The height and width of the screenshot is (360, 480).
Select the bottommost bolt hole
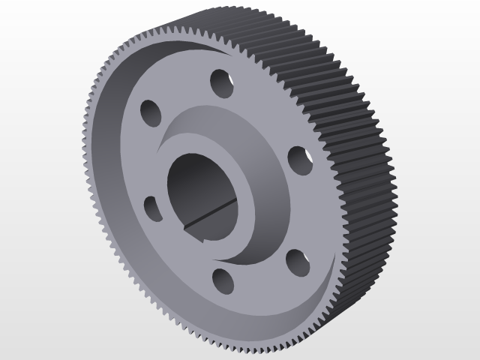(x=223, y=280)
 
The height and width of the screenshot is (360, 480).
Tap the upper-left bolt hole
(x=151, y=113)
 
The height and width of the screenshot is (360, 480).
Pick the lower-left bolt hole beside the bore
(x=151, y=208)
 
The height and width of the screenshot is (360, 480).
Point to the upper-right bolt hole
(x=300, y=159)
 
